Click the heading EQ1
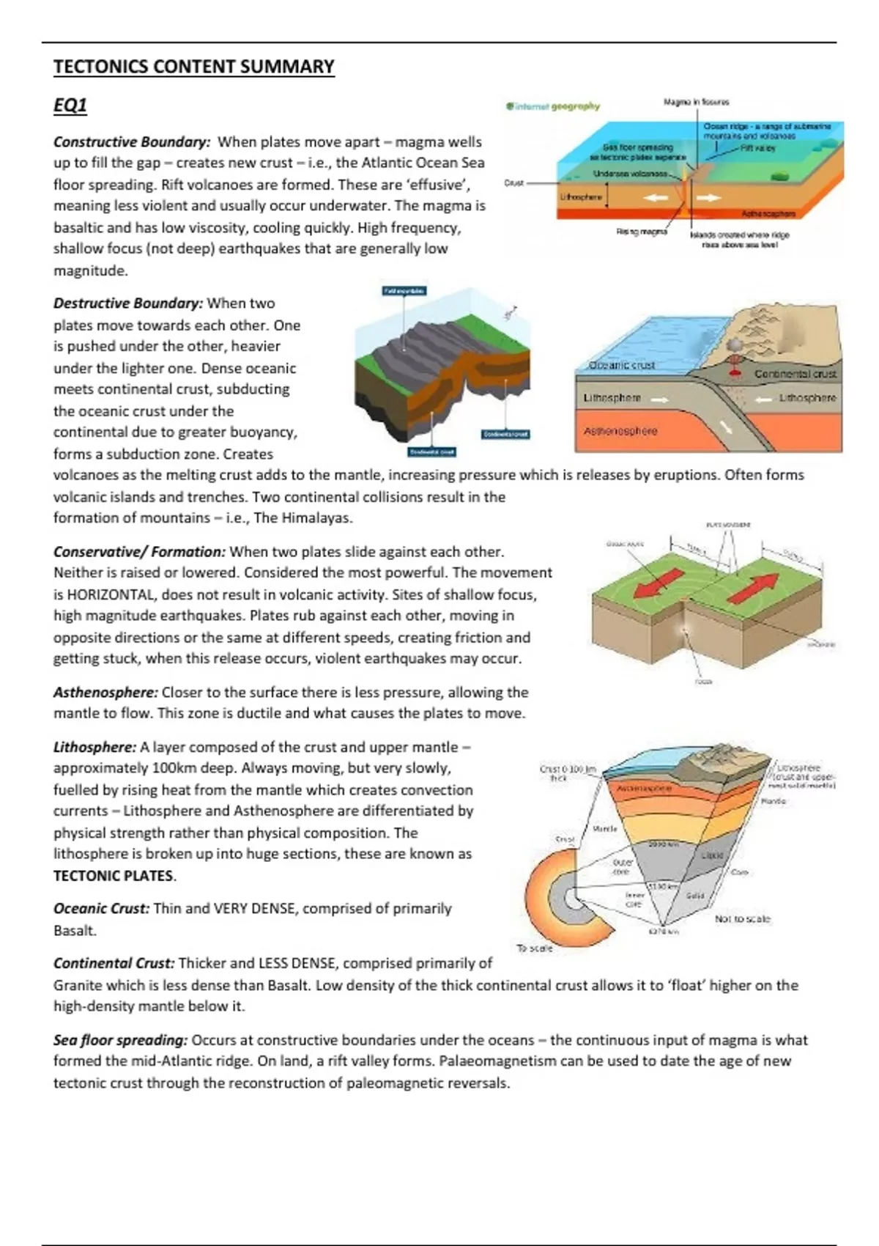70,106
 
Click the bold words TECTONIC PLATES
114,875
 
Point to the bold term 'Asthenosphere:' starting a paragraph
105,692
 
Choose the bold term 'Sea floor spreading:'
120,1039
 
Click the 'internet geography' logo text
554,106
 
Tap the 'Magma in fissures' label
696,102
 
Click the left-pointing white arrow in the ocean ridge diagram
653,197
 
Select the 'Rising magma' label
642,232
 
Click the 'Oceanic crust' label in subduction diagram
622,364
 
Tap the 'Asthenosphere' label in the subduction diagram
620,431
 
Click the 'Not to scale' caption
742,918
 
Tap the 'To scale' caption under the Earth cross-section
535,948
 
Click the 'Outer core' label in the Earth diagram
621,867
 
